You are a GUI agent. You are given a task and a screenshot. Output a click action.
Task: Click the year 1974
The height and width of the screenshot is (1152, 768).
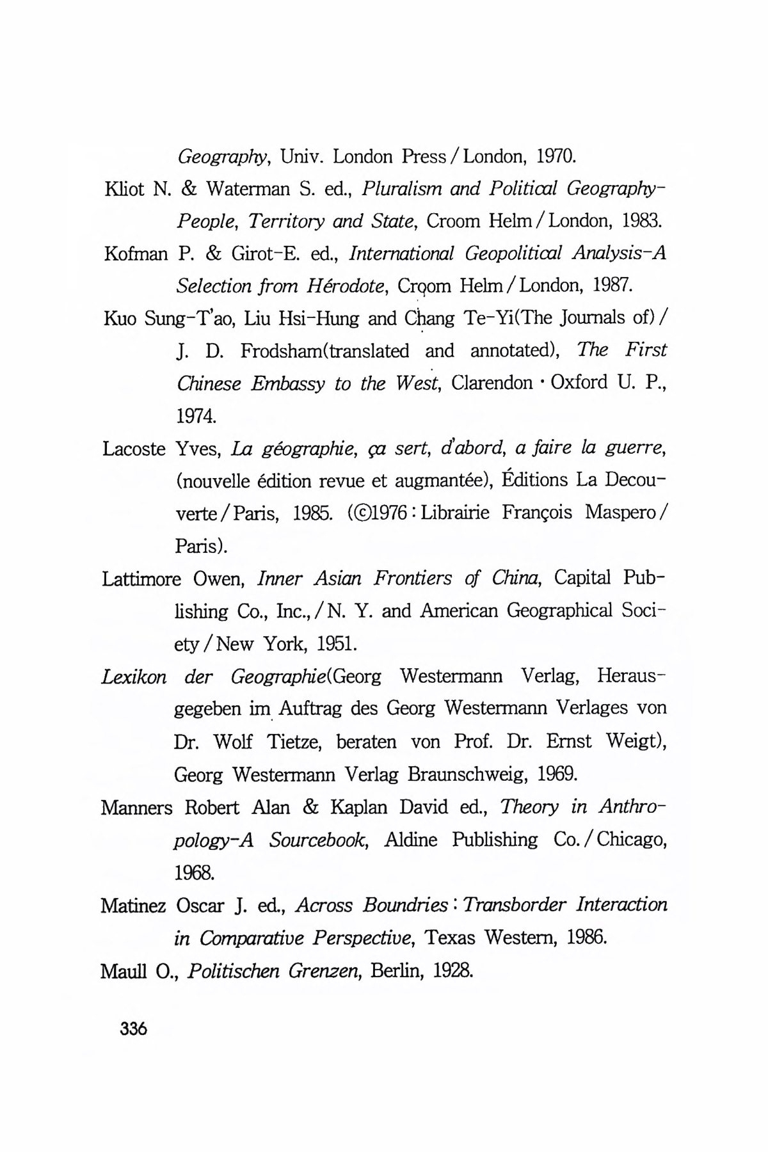coord(196,417)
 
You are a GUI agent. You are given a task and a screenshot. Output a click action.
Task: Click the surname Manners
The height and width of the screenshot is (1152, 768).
coord(136,808)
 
